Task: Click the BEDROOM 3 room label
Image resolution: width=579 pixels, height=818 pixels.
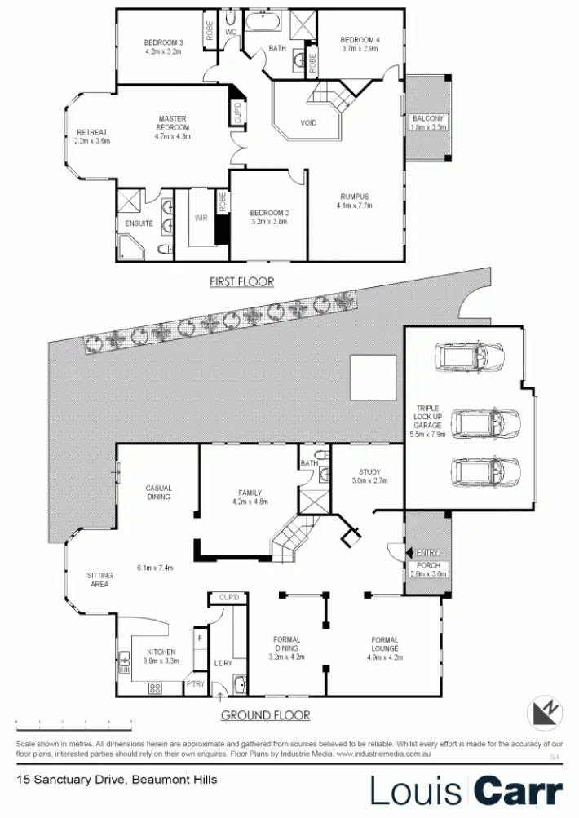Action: coord(163,42)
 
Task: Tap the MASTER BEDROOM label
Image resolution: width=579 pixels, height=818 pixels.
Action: coord(173,123)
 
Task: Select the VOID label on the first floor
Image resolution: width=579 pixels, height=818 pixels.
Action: coord(308,123)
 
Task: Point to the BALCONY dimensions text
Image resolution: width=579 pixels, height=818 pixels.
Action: coord(429,127)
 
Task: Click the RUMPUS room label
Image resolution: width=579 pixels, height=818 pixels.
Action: coord(355,197)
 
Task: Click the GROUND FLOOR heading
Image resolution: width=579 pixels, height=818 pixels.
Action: coord(266,715)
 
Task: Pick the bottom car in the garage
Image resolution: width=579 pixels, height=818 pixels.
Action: coord(486,471)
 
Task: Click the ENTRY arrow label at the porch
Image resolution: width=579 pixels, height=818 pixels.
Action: coord(427,553)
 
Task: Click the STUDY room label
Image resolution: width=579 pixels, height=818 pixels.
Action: coord(369,472)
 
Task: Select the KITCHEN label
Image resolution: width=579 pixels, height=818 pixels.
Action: coord(161,652)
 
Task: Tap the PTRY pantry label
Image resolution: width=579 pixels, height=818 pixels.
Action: coord(195,683)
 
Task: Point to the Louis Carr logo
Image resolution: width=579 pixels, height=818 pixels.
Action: coord(466,790)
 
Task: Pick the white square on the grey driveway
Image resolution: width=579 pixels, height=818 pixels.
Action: coord(373,378)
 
